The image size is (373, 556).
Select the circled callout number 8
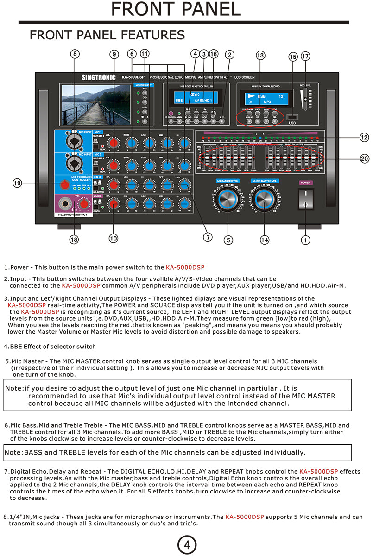point(76,54)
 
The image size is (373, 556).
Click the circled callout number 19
point(17,183)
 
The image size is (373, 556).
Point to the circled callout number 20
point(365,158)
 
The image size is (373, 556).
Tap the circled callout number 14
point(264,240)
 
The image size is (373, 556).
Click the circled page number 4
point(187,545)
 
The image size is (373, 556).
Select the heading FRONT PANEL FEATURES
point(107,35)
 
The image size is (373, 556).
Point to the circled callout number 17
point(305,56)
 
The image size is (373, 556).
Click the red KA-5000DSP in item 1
point(185,267)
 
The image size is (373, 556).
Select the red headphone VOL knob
point(84,204)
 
